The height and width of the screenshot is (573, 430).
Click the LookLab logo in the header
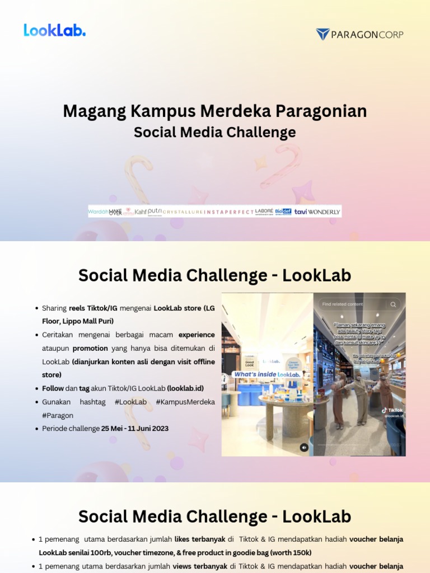point(54,30)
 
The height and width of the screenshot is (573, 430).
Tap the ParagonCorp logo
point(359,34)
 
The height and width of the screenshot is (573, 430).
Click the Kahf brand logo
point(141,212)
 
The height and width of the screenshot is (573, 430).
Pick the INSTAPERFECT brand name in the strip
point(230,212)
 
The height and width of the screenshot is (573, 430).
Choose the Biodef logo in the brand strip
point(283,212)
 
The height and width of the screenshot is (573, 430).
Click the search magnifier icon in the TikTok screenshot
point(393,304)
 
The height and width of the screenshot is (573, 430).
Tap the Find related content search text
point(343,304)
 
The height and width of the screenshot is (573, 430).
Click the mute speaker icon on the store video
point(304,447)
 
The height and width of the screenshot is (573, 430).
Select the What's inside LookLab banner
point(267,374)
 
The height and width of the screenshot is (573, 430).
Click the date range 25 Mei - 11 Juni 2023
point(134,429)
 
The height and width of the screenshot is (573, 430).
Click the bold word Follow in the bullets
point(53,388)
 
